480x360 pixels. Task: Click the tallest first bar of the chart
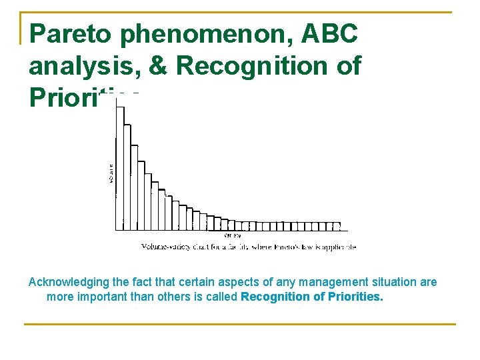click(x=120, y=167)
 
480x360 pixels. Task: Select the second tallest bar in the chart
click(x=127, y=177)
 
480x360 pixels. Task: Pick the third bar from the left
click(x=134, y=187)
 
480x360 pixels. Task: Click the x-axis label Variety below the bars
click(x=233, y=235)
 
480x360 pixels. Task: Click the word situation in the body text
click(x=369, y=282)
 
